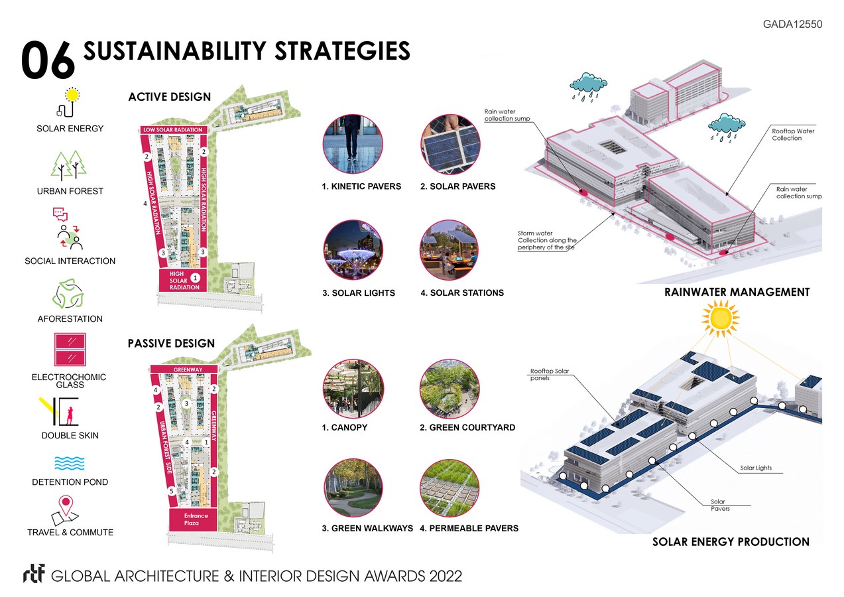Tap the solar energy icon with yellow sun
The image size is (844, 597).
tap(68, 103)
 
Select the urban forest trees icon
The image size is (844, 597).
tap(69, 166)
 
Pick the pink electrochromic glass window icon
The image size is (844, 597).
tap(69, 351)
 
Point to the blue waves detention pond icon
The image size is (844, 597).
tap(69, 463)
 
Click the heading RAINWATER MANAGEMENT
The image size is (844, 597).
tap(737, 292)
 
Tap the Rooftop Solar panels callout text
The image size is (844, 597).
tap(550, 375)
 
